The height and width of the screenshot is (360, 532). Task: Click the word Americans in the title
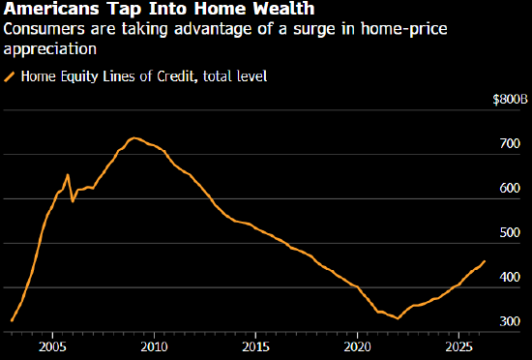[50, 9]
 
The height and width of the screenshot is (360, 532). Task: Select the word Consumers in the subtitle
[44, 28]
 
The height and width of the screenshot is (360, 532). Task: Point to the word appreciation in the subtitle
[50, 49]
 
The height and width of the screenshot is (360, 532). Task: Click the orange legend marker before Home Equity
[9, 76]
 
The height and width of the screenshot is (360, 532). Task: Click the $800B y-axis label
[511, 100]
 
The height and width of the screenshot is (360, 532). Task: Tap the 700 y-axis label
[510, 143]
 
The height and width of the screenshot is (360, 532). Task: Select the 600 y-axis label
[510, 188]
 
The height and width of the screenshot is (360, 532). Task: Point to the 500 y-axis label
[510, 232]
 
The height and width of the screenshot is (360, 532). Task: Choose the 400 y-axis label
[510, 277]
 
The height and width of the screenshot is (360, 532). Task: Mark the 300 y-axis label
[510, 321]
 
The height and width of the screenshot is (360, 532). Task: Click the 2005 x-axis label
[52, 346]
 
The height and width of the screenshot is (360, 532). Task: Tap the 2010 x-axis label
[154, 346]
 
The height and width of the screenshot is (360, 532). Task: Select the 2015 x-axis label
[255, 346]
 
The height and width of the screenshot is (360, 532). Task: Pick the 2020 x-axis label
[357, 346]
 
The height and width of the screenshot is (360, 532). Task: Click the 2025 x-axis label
[458, 346]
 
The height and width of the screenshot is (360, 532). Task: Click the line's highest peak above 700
[134, 137]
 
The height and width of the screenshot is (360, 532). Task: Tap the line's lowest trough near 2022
[398, 318]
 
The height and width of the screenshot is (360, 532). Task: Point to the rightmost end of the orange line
[485, 261]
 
